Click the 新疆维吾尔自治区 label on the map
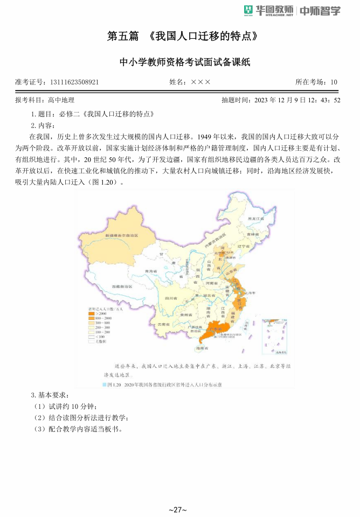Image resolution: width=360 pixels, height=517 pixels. click(x=121, y=235)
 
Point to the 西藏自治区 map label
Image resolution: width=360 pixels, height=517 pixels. click(x=122, y=287)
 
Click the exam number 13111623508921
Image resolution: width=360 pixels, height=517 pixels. click(x=73, y=82)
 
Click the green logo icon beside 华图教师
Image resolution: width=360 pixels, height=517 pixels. click(x=248, y=10)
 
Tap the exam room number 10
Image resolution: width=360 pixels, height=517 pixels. click(x=334, y=82)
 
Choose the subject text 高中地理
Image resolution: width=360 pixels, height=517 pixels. click(x=61, y=100)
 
